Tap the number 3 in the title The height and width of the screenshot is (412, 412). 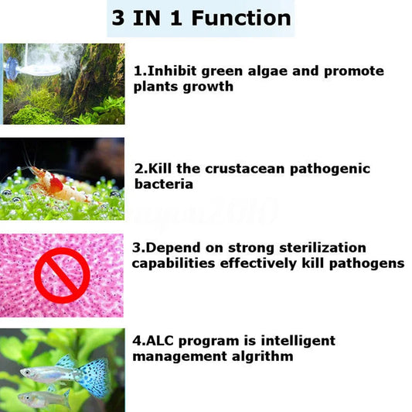click(119, 19)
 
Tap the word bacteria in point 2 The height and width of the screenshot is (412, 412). click(163, 185)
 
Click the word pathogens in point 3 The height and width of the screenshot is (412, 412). click(368, 263)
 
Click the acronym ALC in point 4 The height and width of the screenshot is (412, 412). click(161, 341)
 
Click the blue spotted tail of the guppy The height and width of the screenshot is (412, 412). click(94, 377)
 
